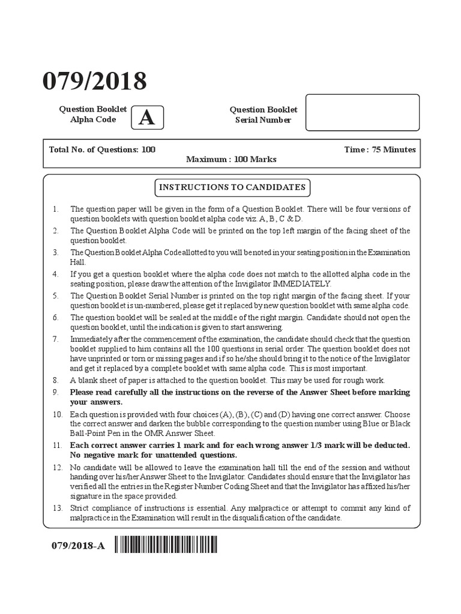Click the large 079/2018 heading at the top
[94, 82]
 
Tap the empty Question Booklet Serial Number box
[362, 112]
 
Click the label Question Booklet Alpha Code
[92, 114]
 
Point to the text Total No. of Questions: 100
[102, 149]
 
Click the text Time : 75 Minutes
[379, 149]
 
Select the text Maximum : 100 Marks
[231, 159]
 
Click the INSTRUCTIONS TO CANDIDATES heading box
[232, 188]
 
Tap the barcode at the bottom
[166, 544]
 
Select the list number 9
[55, 392]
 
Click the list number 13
[56, 508]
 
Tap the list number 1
[55, 209]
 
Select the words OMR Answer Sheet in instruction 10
[182, 433]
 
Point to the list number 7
[55, 339]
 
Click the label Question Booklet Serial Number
[263, 114]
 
